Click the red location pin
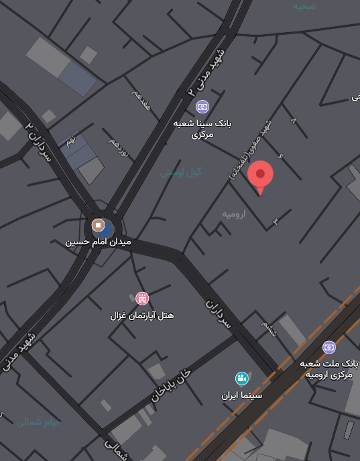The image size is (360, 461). (260, 175)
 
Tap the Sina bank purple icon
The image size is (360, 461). (202, 107)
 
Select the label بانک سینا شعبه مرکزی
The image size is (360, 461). (202, 129)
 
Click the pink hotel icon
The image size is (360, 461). (141, 298)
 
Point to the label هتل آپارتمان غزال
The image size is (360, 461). (141, 315)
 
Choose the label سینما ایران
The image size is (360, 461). (242, 395)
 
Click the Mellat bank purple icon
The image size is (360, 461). (328, 347)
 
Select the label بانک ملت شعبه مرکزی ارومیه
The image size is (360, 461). (329, 368)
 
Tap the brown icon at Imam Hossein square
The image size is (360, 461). (98, 225)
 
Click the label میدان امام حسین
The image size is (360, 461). (98, 242)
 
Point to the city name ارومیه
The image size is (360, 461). (234, 214)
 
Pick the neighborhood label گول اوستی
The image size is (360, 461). (181, 172)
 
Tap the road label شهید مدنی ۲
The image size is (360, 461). (206, 71)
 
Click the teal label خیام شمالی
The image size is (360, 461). (39, 423)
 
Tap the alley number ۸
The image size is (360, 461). (293, 120)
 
